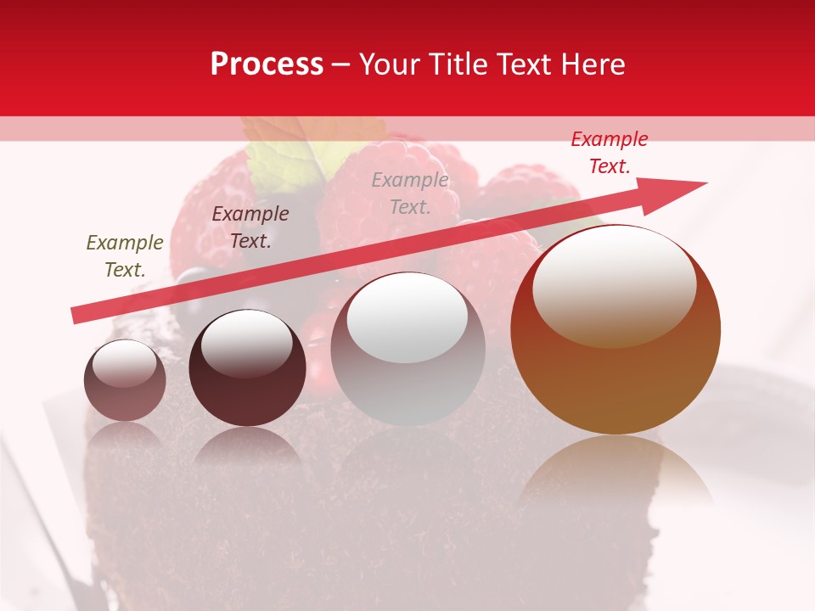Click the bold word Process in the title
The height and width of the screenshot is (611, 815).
267,64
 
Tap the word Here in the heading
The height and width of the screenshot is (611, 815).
592,64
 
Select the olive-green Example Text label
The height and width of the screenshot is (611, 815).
125,256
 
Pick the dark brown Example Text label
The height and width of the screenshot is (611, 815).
250,227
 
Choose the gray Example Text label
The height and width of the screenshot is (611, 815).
410,193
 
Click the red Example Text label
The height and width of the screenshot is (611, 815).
610,153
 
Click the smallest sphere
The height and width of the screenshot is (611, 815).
125,380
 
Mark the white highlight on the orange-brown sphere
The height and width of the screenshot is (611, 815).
614,284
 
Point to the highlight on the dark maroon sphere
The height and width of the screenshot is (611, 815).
246,342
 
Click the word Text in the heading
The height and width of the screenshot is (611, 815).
521,64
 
